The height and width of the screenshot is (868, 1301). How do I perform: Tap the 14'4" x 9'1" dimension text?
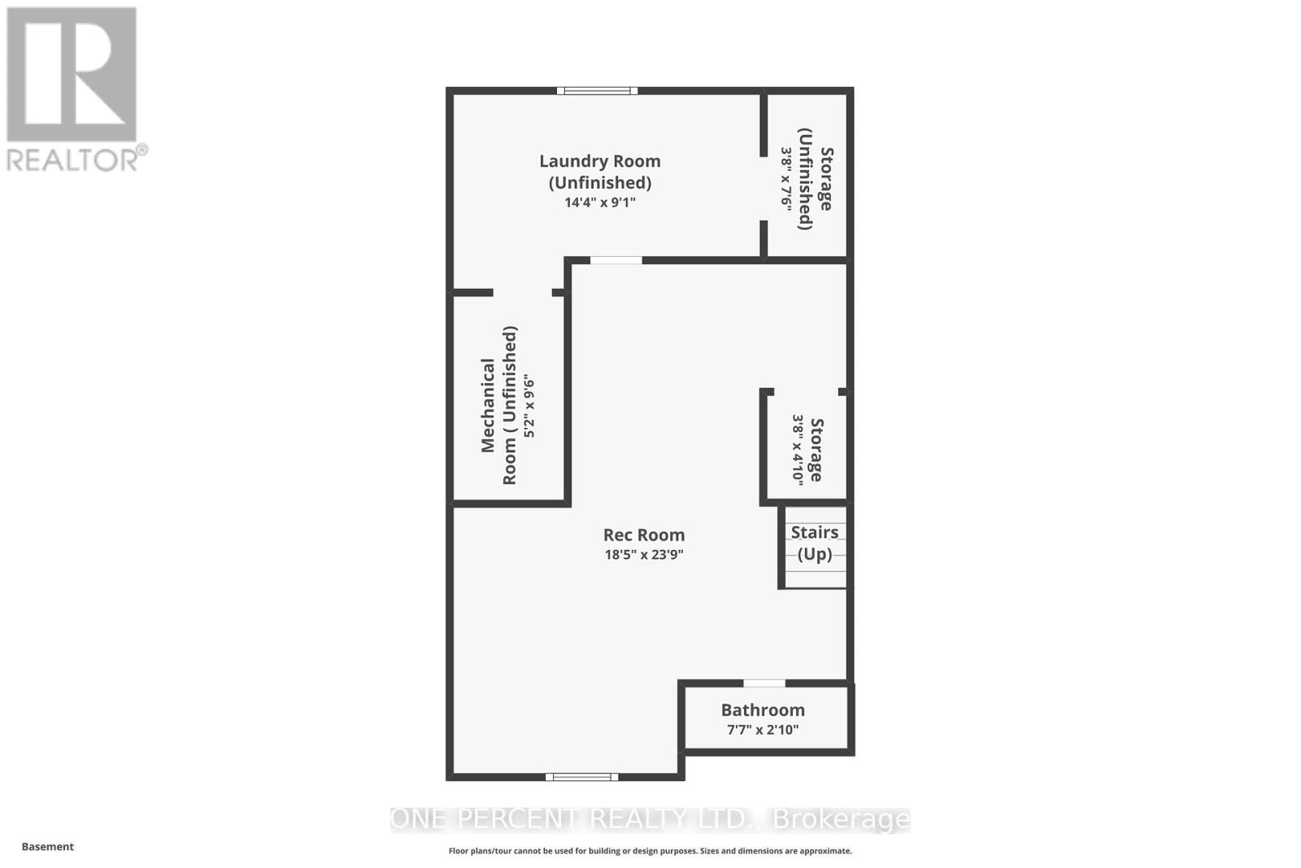click(600, 202)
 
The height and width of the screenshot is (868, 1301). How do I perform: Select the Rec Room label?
click(644, 534)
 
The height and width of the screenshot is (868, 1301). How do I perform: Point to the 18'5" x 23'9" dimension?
click(644, 555)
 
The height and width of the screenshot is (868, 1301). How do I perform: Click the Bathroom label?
click(763, 710)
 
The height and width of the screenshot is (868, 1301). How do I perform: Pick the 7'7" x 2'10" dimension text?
click(763, 730)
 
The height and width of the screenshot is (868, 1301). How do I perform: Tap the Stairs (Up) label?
click(814, 543)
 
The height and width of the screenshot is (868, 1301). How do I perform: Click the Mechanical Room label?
click(498, 405)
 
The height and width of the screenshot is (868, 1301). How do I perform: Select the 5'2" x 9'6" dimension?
click(529, 405)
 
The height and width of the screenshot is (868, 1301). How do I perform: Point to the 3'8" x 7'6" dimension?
click(786, 179)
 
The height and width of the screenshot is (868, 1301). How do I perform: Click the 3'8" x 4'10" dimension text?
click(798, 450)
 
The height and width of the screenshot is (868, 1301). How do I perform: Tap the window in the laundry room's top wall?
click(597, 91)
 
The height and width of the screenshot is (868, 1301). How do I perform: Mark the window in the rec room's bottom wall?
click(581, 777)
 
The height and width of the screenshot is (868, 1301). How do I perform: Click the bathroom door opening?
click(764, 683)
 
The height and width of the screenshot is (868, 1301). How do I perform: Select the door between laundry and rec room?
click(616, 260)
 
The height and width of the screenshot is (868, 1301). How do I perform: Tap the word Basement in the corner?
click(48, 847)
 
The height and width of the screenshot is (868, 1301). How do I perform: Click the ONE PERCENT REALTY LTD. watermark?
click(650, 819)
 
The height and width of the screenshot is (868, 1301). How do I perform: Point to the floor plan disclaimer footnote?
click(650, 851)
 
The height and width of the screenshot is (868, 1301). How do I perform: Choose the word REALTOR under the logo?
click(73, 159)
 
